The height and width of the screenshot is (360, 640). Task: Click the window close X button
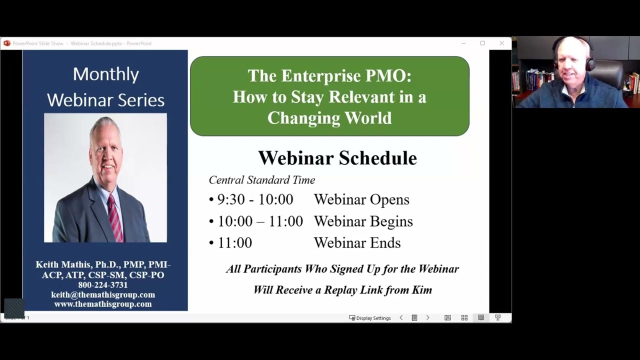point(501,43)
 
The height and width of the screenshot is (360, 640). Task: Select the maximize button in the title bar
point(482,43)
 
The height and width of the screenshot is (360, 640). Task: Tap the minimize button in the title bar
point(463,43)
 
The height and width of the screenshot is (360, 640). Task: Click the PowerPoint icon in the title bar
point(7,43)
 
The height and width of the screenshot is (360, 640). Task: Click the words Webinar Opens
point(361,199)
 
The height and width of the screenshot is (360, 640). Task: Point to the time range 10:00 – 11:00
point(260,221)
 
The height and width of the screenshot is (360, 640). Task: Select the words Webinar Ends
point(357,243)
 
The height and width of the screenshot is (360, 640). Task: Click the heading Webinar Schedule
point(337,158)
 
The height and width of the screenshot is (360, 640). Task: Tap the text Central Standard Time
point(261,180)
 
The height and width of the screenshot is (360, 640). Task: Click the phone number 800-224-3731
point(103,285)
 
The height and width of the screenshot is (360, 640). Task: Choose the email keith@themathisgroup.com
point(103,294)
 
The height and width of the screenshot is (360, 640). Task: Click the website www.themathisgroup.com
point(103,304)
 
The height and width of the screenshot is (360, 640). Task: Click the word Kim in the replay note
point(421,290)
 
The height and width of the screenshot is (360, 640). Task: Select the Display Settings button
point(370,318)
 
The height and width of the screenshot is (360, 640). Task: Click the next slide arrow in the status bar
point(427,317)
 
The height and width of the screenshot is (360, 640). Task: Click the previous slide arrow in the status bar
point(401,317)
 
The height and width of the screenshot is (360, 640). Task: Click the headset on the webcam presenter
point(590,62)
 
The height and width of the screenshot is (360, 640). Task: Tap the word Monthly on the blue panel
point(105,74)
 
